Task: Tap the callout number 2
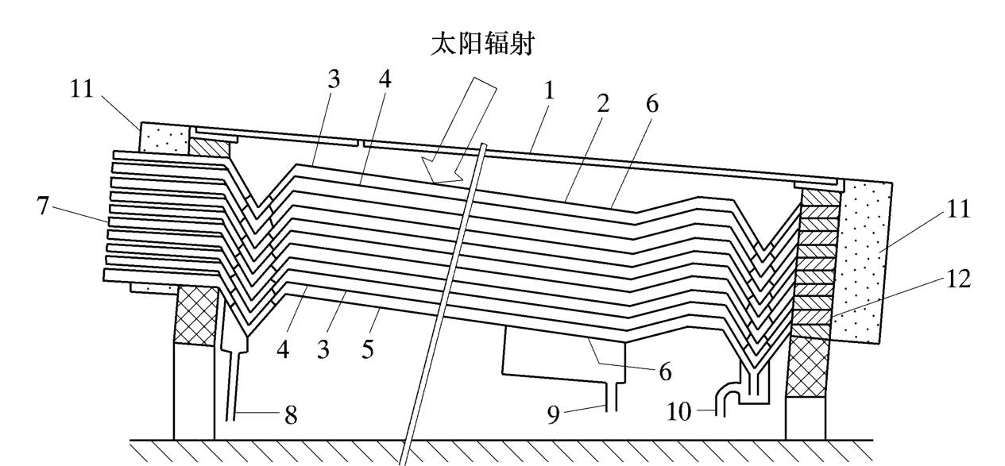[x=604, y=104]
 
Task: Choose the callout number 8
[x=291, y=414]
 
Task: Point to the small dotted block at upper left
[x=164, y=137]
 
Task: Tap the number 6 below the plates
[x=664, y=371]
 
